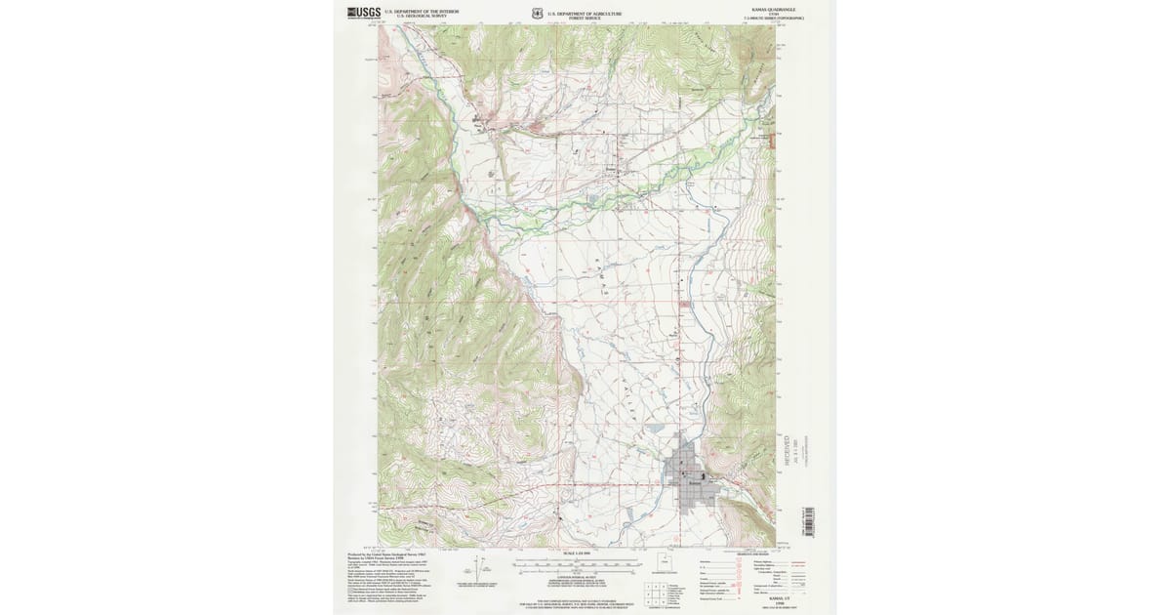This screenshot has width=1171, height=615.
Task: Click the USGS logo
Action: (364, 14)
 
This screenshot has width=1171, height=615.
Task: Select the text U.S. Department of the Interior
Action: (422, 12)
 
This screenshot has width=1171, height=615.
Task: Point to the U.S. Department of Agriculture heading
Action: (585, 13)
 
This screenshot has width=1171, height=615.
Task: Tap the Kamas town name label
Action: (694, 483)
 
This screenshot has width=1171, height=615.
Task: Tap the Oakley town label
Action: (478, 123)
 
